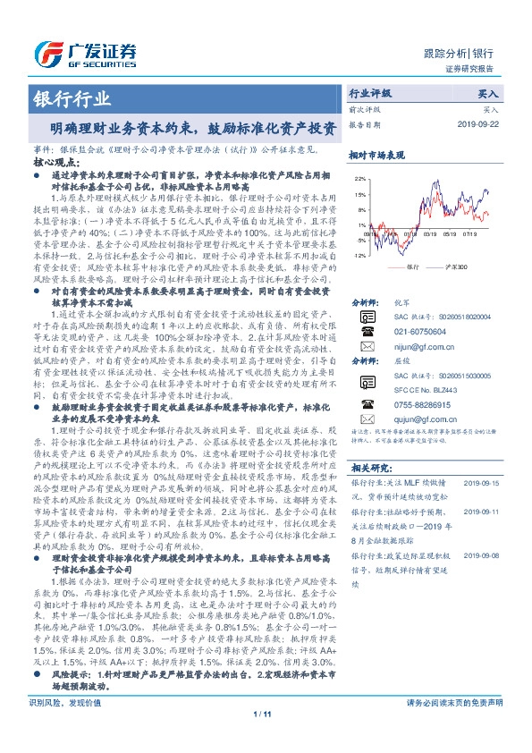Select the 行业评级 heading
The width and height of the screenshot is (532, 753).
370,93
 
